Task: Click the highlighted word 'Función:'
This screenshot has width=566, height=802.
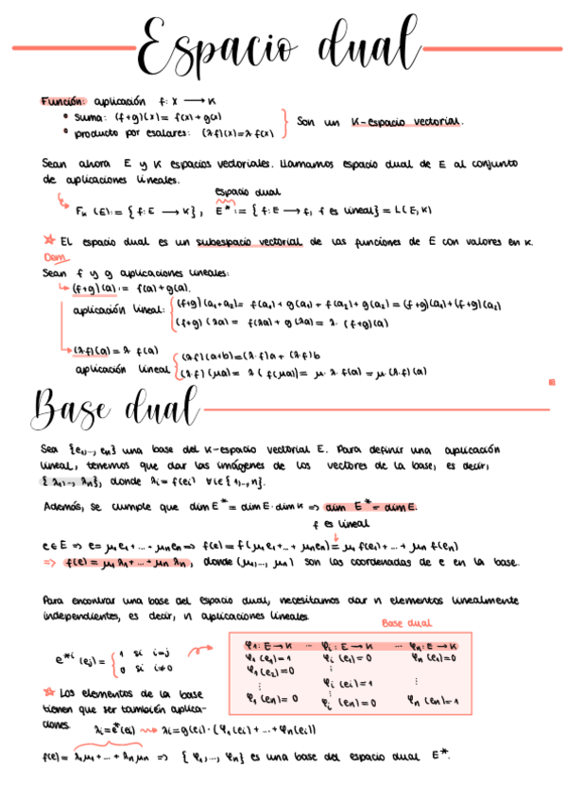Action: click(x=63, y=99)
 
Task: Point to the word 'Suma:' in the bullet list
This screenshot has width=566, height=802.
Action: click(x=91, y=117)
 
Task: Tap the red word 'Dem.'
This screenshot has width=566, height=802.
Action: click(x=54, y=256)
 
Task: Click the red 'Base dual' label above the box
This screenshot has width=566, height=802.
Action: click(x=406, y=624)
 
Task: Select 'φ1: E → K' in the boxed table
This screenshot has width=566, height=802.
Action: click(x=268, y=646)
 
